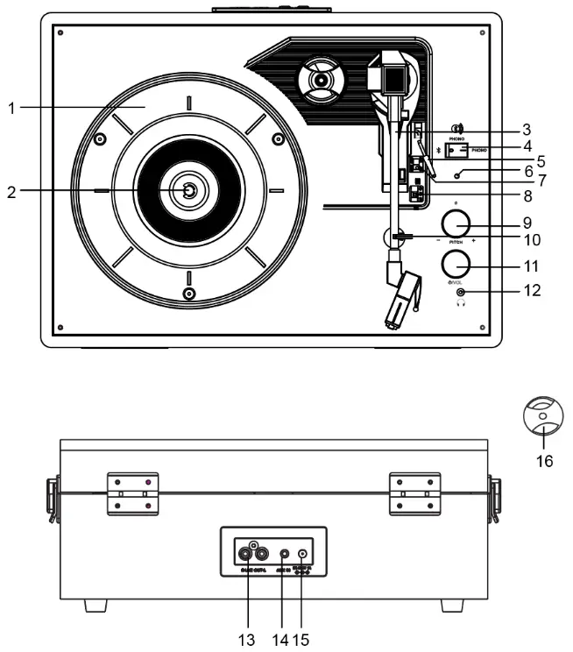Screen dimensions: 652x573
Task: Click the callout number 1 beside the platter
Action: click(x=10, y=109)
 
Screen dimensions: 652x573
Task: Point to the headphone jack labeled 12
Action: click(x=461, y=291)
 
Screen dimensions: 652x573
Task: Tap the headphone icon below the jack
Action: click(x=461, y=303)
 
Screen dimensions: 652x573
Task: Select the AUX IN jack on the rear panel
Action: click(x=282, y=554)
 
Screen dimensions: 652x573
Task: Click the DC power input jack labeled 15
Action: click(x=303, y=554)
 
